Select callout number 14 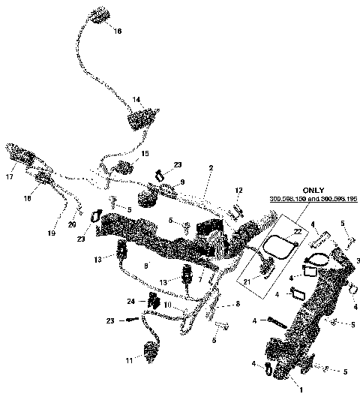point(136,99)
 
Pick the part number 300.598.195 point(332,200)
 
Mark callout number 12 point(239,190)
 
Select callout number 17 point(10,177)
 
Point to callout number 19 point(52,233)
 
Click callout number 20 point(73,224)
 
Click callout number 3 point(358,259)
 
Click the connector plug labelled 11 point(150,350)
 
